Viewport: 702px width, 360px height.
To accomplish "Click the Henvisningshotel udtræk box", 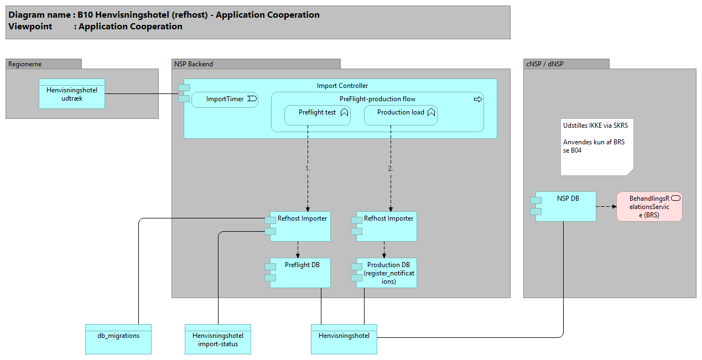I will (x=72, y=93).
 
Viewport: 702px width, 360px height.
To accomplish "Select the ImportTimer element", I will (x=225, y=100).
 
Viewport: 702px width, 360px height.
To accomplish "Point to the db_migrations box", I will (x=118, y=339).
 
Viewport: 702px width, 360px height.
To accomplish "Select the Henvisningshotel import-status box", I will (x=218, y=339).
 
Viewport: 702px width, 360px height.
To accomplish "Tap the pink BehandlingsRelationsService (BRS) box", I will (x=649, y=207).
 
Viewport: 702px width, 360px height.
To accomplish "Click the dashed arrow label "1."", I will (x=308, y=168).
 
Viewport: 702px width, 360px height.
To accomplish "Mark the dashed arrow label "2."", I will (x=390, y=168).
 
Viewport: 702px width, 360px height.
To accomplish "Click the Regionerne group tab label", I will (x=25, y=64).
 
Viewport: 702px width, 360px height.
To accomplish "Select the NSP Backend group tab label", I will (x=194, y=64).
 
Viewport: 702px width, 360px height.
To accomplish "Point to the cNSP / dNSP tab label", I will (x=544, y=64).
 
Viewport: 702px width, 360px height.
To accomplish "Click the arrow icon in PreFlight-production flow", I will (x=478, y=100).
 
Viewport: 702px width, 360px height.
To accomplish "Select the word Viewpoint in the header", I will (x=30, y=27).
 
